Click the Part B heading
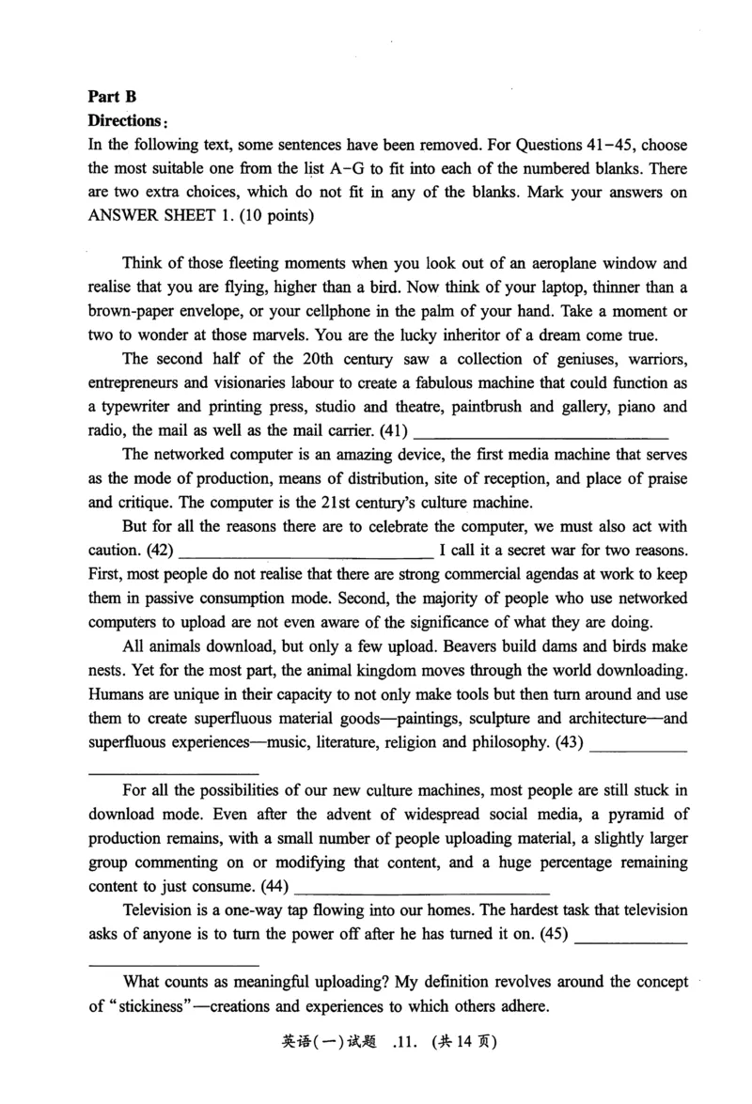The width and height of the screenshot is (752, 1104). (x=112, y=96)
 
